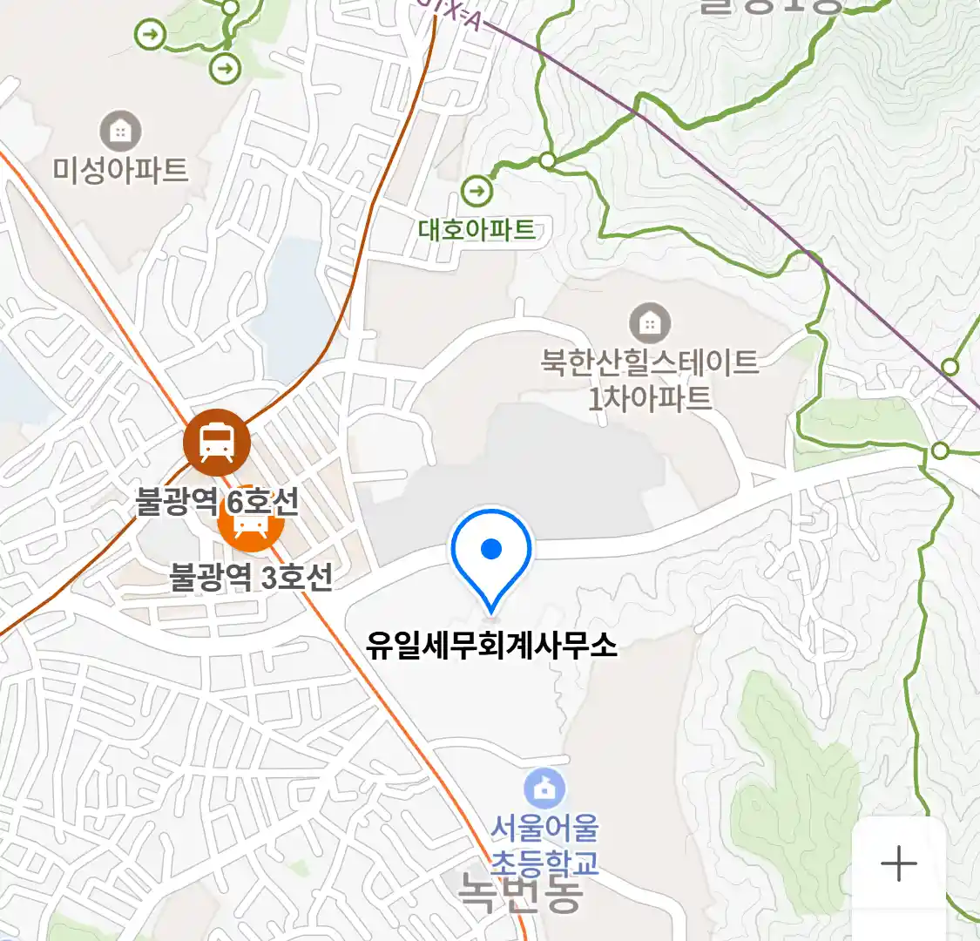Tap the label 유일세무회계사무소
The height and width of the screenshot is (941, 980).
click(x=491, y=646)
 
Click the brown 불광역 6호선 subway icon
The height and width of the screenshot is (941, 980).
click(x=216, y=443)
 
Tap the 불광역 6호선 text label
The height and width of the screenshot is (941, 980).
click(x=217, y=502)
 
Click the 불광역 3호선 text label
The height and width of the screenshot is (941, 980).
click(x=251, y=577)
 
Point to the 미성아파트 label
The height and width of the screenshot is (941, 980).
click(x=120, y=169)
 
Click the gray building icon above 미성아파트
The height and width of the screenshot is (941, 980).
click(x=120, y=132)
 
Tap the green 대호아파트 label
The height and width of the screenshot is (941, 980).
click(x=476, y=229)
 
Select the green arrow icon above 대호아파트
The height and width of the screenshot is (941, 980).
click(x=476, y=190)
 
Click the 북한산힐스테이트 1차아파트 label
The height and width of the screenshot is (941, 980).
click(x=650, y=380)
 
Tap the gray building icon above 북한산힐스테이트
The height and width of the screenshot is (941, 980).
click(x=649, y=324)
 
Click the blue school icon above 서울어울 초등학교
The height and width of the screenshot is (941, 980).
click(x=544, y=789)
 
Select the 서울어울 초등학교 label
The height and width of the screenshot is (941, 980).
click(x=544, y=844)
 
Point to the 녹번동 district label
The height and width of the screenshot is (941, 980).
click(x=520, y=893)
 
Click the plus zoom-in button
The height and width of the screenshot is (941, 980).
click(x=898, y=864)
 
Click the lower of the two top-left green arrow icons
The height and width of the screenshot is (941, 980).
click(x=226, y=67)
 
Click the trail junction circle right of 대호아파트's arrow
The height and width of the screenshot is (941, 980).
click(x=547, y=160)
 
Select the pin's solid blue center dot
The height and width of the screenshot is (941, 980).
click(x=491, y=549)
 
